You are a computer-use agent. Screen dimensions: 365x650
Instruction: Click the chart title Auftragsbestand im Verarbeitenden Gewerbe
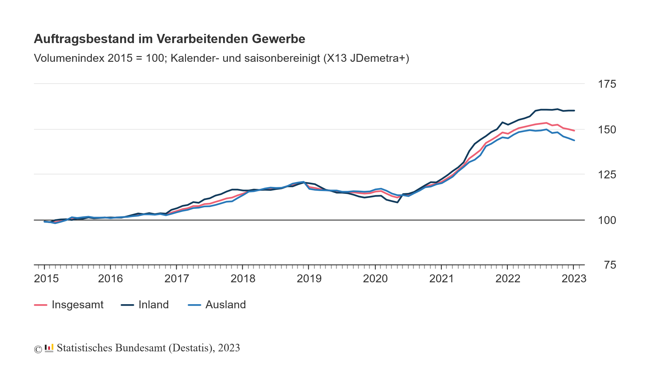click(169, 39)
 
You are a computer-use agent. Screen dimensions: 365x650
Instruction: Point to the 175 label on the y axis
click(607, 84)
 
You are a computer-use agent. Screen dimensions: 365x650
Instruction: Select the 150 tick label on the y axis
click(607, 130)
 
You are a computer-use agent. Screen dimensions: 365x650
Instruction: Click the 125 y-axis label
click(607, 175)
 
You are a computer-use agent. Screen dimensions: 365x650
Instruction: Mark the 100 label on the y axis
click(607, 220)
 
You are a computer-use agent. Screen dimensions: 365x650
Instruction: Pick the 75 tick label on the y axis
click(610, 265)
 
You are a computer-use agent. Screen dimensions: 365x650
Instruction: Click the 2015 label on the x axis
click(46, 279)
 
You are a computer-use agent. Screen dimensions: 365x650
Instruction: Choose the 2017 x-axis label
click(176, 279)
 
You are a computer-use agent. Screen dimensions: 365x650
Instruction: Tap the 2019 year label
click(309, 279)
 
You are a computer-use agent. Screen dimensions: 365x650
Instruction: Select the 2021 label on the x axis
click(441, 279)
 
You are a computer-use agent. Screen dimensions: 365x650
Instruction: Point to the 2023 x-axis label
click(574, 279)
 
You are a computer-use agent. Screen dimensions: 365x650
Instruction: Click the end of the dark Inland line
click(574, 111)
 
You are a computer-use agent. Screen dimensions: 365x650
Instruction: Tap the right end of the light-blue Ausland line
click(574, 140)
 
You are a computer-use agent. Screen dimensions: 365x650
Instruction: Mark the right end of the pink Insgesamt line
click(574, 131)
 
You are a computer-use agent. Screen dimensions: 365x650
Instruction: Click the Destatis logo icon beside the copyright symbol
click(49, 348)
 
